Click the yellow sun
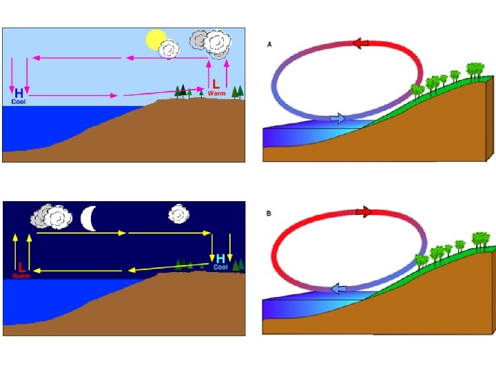(156, 40)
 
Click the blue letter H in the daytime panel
(19, 92)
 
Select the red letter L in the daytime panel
(216, 83)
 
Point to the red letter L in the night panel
(21, 267)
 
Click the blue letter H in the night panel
(220, 258)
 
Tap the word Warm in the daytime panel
(216, 93)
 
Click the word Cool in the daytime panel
(19, 101)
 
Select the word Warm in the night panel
(21, 276)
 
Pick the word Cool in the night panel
(220, 267)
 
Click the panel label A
(269, 43)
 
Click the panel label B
(269, 214)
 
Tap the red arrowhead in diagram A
(360, 43)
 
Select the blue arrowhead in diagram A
(338, 118)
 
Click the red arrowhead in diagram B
(363, 211)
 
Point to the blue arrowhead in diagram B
(338, 289)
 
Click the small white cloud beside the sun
(169, 49)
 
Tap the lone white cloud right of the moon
(179, 214)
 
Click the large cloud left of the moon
(52, 216)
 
